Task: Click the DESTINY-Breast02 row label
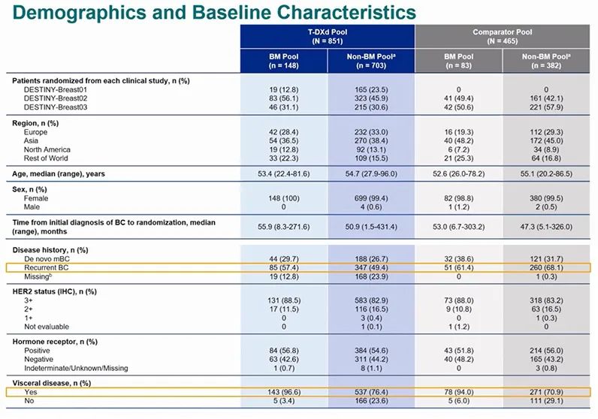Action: click(54, 98)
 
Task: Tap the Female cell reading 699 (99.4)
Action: click(370, 198)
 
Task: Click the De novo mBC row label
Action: click(47, 258)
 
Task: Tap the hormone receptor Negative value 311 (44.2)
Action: click(370, 360)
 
